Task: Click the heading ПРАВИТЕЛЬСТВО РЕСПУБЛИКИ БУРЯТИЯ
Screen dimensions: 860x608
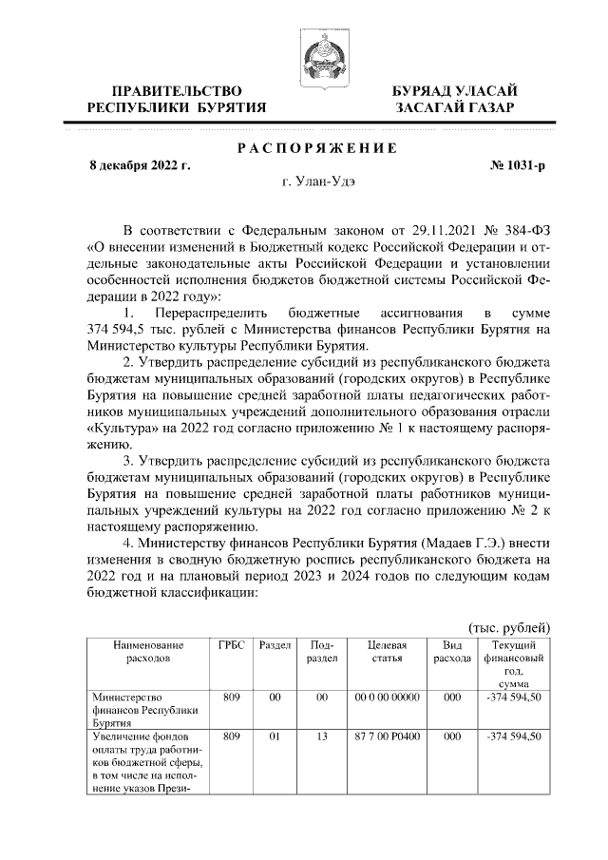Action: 177,99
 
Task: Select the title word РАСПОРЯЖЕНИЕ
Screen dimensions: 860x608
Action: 316,148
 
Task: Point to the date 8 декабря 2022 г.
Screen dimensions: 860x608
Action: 139,165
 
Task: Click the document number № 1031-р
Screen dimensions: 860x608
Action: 518,165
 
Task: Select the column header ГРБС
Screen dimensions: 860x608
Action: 231,645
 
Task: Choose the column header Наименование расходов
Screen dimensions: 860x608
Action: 148,651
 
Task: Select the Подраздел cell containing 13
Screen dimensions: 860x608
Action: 322,736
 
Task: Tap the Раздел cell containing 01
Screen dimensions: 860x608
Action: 275,736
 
